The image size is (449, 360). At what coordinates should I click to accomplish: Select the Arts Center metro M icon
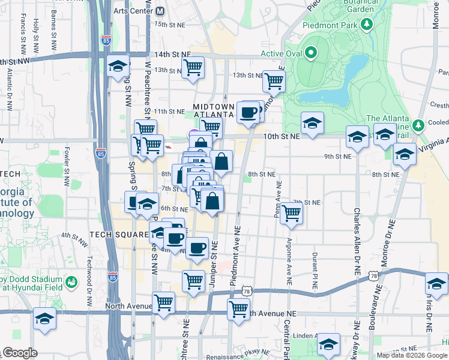tap(160, 11)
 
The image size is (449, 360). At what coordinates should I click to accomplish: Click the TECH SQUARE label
tap(119, 234)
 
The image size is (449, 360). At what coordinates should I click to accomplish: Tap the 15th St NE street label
tap(169, 24)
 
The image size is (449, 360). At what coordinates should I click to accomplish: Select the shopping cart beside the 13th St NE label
tap(274, 80)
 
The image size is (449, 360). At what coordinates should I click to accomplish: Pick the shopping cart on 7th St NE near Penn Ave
tap(291, 212)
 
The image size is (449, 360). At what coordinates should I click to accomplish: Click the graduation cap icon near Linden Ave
tap(328, 344)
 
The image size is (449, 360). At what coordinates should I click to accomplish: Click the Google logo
tap(19, 353)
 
